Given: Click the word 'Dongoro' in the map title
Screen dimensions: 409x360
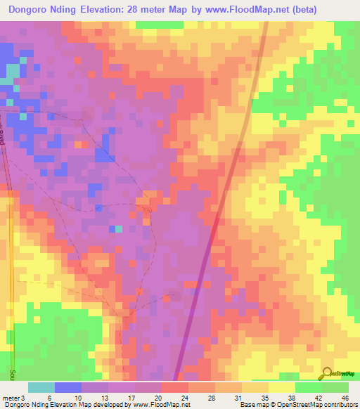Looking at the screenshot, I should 32,10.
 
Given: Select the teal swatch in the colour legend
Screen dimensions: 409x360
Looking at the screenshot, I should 41,387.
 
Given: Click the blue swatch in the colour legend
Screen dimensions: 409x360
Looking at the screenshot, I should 67,387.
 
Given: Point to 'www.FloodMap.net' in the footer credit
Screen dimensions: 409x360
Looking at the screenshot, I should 153,405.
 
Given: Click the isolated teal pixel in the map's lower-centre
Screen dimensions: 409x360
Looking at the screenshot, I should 118,228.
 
